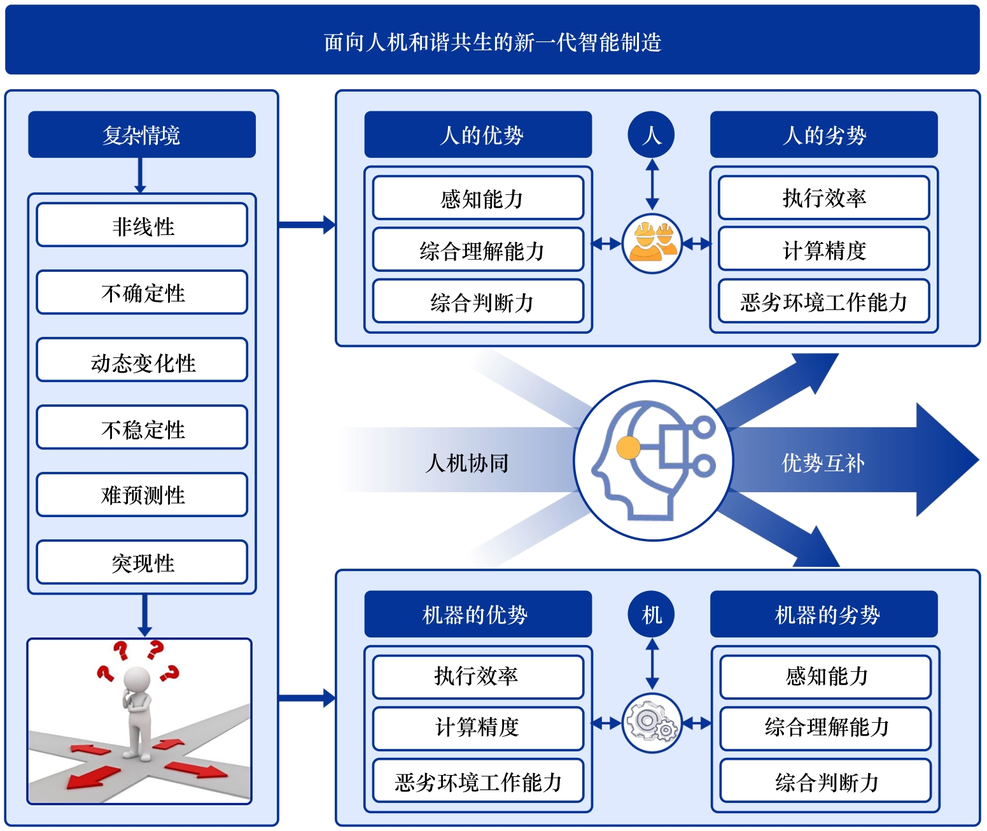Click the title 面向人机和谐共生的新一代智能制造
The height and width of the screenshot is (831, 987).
point(493,42)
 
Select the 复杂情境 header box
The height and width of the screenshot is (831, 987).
point(141,134)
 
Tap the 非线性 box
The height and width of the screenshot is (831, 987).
point(142,225)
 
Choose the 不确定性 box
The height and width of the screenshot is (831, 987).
point(142,293)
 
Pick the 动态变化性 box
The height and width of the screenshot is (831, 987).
point(142,360)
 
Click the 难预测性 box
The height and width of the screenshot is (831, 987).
point(142,495)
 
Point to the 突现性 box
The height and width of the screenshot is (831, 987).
point(142,562)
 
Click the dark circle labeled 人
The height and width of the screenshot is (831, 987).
point(651,134)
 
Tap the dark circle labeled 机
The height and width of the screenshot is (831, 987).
point(651,614)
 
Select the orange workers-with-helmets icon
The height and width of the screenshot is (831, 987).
point(652,243)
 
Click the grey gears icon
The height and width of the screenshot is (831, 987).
point(652,723)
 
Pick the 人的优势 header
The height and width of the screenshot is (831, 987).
point(478,134)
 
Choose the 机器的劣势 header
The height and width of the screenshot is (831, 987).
point(824,614)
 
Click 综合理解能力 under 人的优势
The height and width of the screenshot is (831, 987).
point(478,250)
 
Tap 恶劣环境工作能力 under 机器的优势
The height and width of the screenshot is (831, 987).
point(478,781)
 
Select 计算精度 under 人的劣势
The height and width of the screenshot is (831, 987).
point(824,250)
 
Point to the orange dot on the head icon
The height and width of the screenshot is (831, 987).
point(628,448)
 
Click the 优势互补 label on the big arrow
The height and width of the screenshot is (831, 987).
point(823,462)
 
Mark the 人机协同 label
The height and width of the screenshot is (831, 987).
point(467,462)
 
